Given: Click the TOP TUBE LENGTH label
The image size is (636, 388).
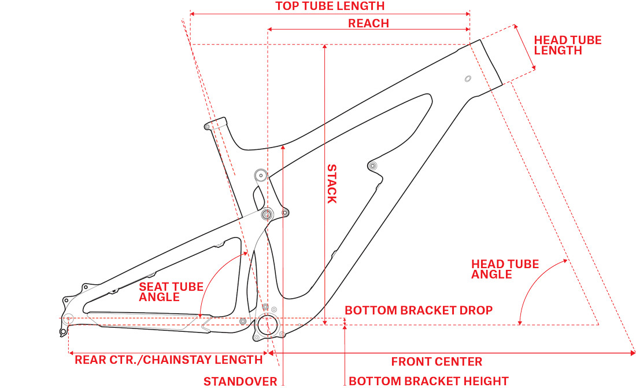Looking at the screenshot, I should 330,6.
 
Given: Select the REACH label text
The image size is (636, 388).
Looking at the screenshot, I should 368,24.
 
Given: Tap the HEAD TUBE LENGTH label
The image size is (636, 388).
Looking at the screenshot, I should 567,45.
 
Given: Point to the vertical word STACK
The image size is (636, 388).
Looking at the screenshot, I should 332,184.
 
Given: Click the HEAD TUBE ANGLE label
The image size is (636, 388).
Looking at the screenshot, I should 505,269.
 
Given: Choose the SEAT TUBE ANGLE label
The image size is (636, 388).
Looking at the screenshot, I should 171,292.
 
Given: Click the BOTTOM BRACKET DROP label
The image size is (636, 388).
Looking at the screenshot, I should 419,310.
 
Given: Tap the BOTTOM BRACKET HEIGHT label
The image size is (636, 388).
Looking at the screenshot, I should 428,381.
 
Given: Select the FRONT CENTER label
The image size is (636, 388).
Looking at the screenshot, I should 437,362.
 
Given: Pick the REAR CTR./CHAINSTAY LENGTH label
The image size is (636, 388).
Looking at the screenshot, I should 168,360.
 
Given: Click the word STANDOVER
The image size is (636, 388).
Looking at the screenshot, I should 241,381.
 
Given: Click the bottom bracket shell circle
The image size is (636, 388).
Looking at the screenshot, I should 268,325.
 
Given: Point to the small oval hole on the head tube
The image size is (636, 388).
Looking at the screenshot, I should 468,78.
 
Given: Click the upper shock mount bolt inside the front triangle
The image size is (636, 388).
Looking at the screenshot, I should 372,166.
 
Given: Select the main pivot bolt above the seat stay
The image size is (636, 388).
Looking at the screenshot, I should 267,215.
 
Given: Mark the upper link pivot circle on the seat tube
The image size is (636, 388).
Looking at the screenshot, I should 260,174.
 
